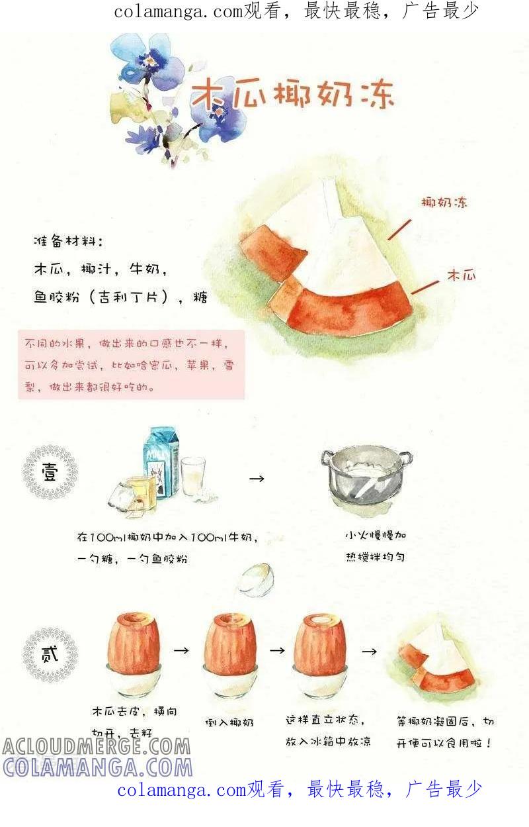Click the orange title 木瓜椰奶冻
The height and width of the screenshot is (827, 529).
pos(293,94)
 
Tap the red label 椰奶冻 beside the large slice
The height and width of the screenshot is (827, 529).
pos(444,203)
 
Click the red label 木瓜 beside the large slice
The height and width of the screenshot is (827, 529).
pos(461,275)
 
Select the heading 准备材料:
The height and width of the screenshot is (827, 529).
pos(68,242)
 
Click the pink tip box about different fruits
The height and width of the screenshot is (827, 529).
pos(131,365)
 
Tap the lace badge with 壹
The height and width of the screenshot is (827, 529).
pos(50,472)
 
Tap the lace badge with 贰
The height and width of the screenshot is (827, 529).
pos(50,654)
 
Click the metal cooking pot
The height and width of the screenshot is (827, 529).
pos(366,476)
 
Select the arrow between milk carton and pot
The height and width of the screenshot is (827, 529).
pos(257,479)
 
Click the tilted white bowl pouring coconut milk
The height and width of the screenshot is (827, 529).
pos(257,578)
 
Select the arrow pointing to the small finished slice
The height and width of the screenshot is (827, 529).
pos(369,652)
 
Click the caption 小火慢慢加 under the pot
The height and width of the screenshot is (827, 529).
pos(376,536)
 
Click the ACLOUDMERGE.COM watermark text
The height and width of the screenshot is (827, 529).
pos(97,746)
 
